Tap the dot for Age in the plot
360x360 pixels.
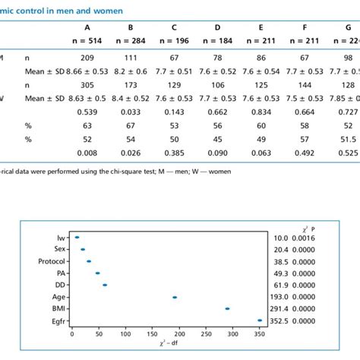175,298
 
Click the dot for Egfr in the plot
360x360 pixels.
260,321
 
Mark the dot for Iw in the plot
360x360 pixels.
77,238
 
